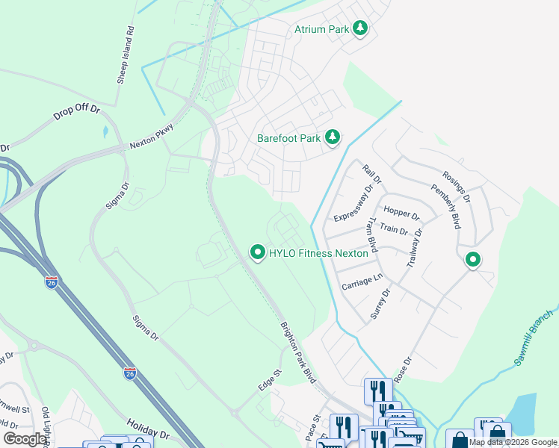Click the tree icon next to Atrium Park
coord(361,28)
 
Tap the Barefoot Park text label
coord(288,138)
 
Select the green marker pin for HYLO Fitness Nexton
coord(258,253)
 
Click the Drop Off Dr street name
coord(76,113)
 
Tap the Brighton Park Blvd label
coord(298,353)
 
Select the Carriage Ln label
coord(362,281)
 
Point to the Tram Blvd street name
coord(369,237)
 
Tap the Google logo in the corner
coord(25,439)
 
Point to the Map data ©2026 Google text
coord(513,442)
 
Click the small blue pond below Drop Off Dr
coord(105,132)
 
